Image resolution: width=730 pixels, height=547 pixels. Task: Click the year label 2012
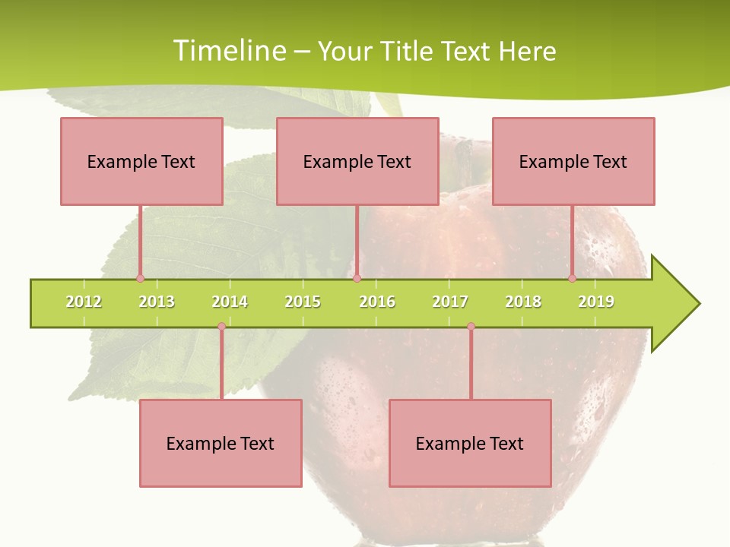[84, 302]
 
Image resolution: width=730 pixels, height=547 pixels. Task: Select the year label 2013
[157, 302]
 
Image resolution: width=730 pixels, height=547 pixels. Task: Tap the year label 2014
[230, 302]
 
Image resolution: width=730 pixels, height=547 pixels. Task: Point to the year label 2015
[303, 302]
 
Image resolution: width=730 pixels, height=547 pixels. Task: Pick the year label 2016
[377, 302]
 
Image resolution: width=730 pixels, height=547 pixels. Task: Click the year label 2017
[450, 302]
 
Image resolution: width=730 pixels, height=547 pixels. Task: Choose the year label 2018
[523, 302]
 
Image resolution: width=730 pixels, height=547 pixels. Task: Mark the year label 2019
[596, 302]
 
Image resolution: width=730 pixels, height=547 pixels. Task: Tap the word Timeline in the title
[229, 51]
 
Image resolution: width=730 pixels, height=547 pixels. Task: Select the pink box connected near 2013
[141, 161]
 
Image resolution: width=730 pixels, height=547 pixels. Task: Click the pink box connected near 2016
[357, 161]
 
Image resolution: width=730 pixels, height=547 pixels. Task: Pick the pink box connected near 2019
[573, 161]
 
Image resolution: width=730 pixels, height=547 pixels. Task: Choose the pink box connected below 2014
[221, 443]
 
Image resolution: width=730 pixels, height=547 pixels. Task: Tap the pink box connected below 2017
[470, 443]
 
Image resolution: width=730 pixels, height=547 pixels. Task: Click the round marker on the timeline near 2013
[140, 278]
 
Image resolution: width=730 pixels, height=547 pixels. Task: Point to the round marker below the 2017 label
[471, 327]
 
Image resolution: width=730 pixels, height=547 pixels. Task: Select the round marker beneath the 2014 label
[221, 327]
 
